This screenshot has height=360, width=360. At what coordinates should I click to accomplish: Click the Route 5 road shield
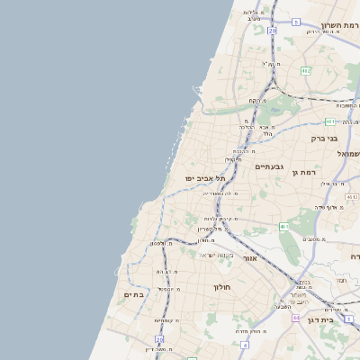tap(296, 21)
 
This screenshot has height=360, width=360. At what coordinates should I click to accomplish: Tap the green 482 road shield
tap(306, 70)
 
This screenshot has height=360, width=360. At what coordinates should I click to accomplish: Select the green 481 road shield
tap(330, 121)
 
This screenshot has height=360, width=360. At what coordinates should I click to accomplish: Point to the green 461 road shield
tap(284, 226)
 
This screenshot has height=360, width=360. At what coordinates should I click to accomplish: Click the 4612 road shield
tap(352, 196)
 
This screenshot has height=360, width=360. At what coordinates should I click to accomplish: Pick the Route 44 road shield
tap(295, 318)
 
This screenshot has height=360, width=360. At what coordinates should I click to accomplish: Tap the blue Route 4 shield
tap(244, 344)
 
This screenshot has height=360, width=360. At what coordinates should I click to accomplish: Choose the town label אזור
tap(250, 258)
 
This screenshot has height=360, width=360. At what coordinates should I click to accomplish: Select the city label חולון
tap(222, 287)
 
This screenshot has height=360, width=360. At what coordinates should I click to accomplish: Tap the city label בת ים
tap(133, 294)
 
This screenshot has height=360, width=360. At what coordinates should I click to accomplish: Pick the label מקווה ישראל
tap(216, 255)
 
